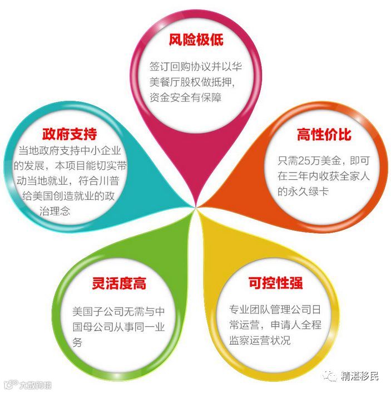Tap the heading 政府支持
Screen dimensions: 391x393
pos(70,134)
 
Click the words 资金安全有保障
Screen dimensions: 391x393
pos(185,97)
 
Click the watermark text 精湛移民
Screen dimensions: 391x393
pos(362,376)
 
